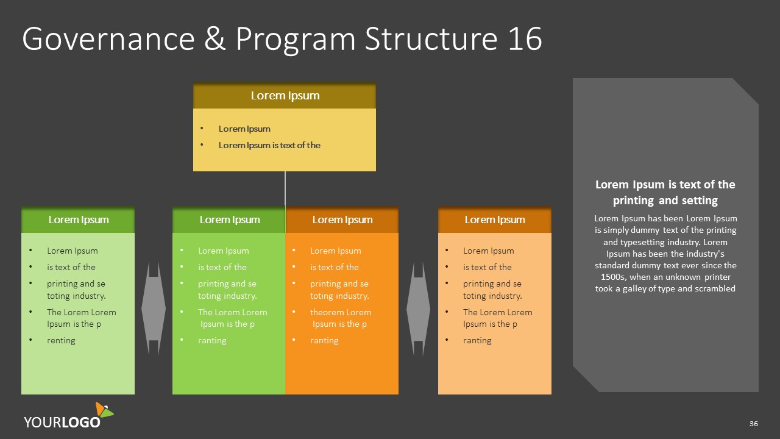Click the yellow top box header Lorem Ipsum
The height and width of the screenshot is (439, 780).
[285, 96]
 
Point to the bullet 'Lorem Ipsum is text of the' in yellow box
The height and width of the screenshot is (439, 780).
[269, 145]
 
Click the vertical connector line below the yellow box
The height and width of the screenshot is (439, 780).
[285, 188]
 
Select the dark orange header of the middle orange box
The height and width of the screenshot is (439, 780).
[342, 220]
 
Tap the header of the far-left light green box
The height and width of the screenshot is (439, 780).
[78, 220]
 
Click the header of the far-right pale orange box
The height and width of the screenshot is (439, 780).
[494, 220]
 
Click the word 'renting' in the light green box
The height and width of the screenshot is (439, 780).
[61, 340]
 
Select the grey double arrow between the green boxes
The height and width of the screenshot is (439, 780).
[154, 309]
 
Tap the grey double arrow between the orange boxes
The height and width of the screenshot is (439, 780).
[418, 309]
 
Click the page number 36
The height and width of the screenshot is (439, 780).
[754, 424]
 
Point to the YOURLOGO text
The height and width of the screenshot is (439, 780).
[62, 422]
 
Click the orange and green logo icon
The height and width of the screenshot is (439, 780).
[104, 410]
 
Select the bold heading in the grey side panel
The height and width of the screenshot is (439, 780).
[665, 192]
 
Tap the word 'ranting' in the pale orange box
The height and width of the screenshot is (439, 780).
[477, 340]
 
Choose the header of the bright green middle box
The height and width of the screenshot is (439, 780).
[229, 220]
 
